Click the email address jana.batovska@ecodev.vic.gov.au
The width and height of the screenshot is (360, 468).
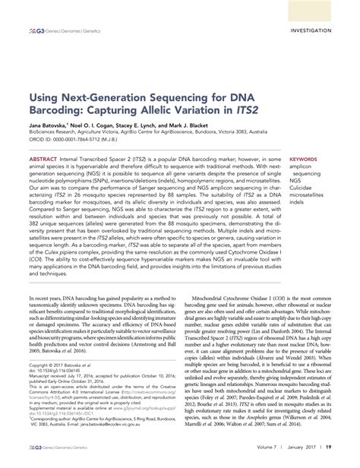point(134,446)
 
